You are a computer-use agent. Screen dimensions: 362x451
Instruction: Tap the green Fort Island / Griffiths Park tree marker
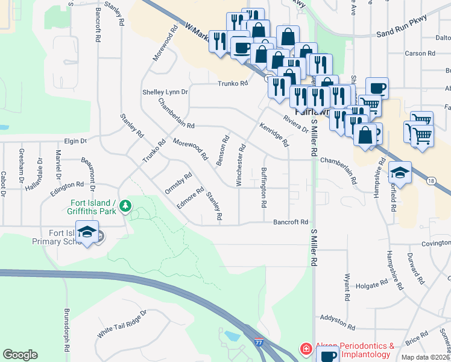[125, 207]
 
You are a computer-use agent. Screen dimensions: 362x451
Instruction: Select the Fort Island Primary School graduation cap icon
[87, 232]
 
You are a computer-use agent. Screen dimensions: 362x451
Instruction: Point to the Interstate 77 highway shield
[259, 341]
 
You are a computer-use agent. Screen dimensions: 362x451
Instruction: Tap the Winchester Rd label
[241, 165]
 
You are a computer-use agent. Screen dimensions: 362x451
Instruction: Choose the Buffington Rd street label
[263, 187]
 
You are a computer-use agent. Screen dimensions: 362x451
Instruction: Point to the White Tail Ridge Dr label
[122, 325]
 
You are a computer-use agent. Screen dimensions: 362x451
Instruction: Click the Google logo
[20, 355]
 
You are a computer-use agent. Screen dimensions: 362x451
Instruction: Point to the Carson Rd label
[420, 53]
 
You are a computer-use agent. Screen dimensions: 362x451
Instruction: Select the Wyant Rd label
[347, 283]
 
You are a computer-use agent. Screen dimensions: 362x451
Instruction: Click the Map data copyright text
[426, 357]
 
